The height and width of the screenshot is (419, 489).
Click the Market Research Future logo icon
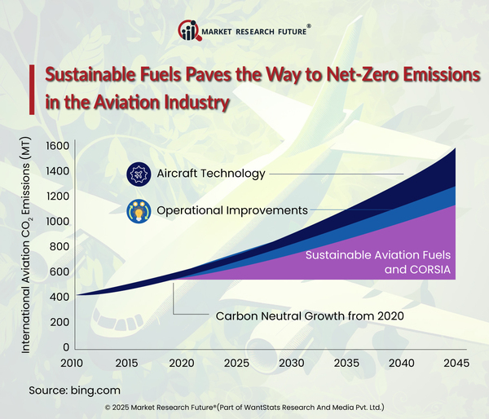[190, 31]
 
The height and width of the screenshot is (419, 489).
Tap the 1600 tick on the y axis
[57, 146]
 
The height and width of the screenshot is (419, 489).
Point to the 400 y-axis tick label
[59, 297]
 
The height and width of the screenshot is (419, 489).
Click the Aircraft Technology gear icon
[138, 174]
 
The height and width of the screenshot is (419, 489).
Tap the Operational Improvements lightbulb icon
[138, 210]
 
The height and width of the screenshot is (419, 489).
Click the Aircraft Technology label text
[211, 174]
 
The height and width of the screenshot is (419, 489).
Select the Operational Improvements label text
[232, 210]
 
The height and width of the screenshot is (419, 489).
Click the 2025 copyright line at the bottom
[244, 406]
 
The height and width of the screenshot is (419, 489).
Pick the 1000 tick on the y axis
[57, 222]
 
